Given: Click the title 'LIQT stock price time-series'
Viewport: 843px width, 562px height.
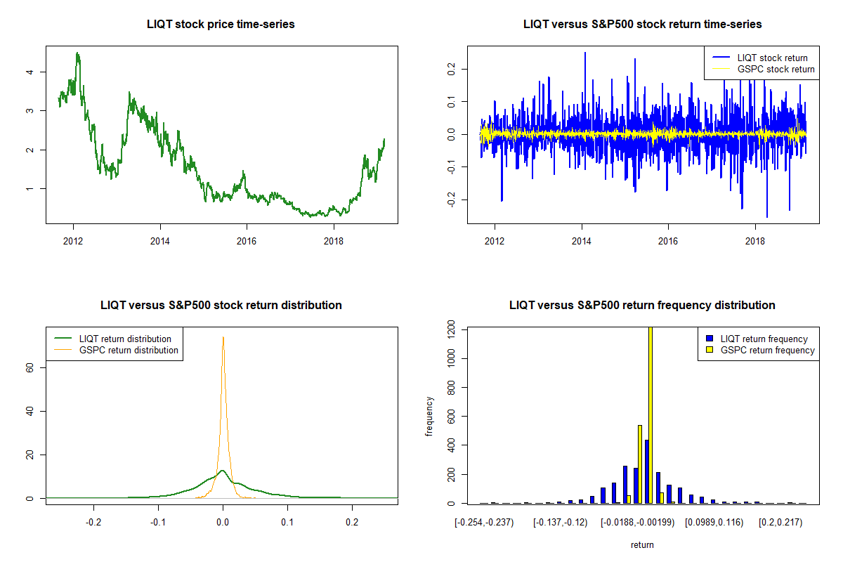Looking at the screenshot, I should [221, 25].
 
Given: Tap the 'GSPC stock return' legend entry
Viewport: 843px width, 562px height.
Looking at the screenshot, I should [776, 69].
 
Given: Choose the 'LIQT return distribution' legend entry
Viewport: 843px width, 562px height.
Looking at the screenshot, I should [125, 339].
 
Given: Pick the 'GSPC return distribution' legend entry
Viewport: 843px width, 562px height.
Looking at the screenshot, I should [129, 350].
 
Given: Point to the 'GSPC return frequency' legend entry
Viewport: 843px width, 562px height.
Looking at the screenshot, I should [767, 350].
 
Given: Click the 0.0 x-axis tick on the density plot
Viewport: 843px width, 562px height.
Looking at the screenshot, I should [223, 522].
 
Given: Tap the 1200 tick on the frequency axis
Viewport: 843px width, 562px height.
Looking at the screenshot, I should [449, 328].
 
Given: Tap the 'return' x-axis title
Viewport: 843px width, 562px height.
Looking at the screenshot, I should [642, 544].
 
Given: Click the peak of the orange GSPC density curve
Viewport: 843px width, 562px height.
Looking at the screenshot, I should [223, 337].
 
